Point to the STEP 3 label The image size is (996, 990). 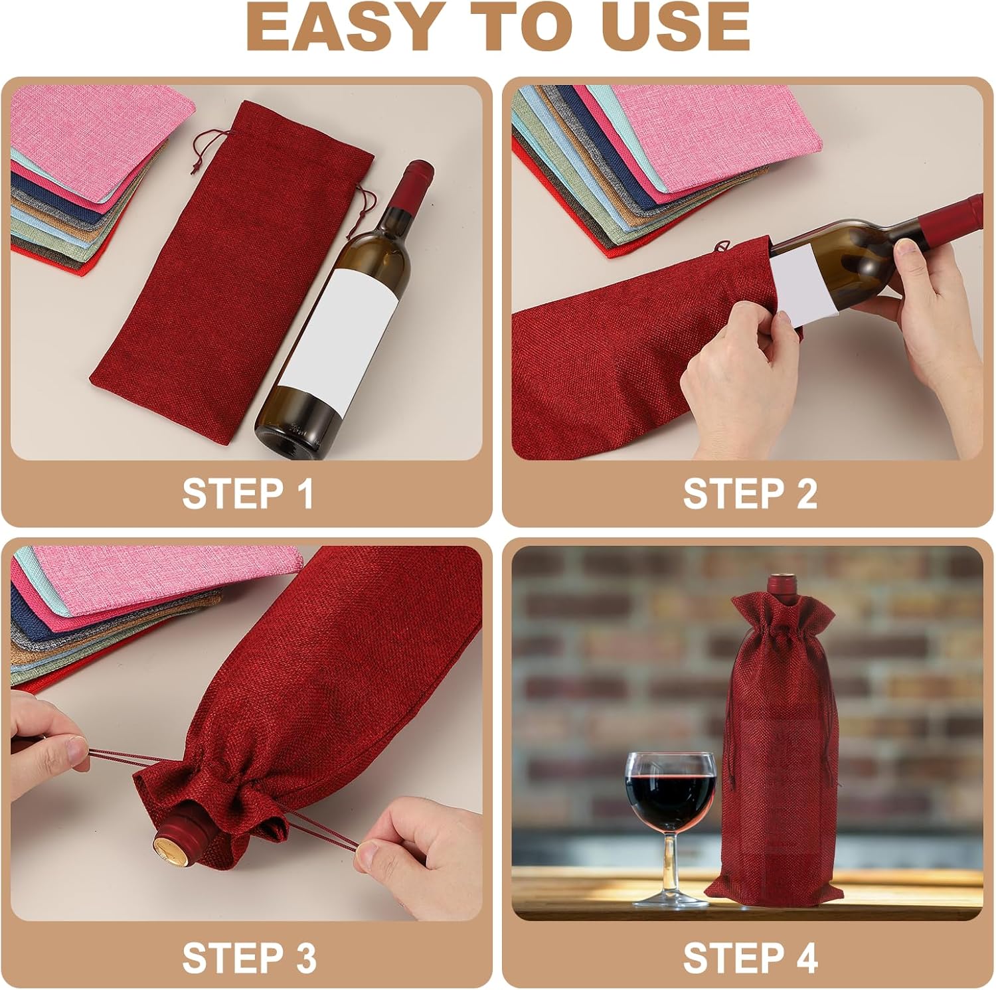[249, 957]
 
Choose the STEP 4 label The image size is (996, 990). [750, 957]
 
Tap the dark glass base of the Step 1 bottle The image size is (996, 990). [298, 425]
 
